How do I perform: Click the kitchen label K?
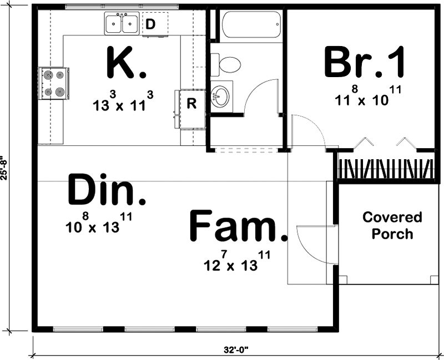coord(125,64)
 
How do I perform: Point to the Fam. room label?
coord(239,226)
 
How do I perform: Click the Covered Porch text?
coord(392,225)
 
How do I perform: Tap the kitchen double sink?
coord(122,24)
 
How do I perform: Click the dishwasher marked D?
coord(150,24)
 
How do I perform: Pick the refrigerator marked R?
coord(190,104)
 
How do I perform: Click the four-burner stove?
coord(54,83)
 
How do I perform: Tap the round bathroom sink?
coord(220,97)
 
